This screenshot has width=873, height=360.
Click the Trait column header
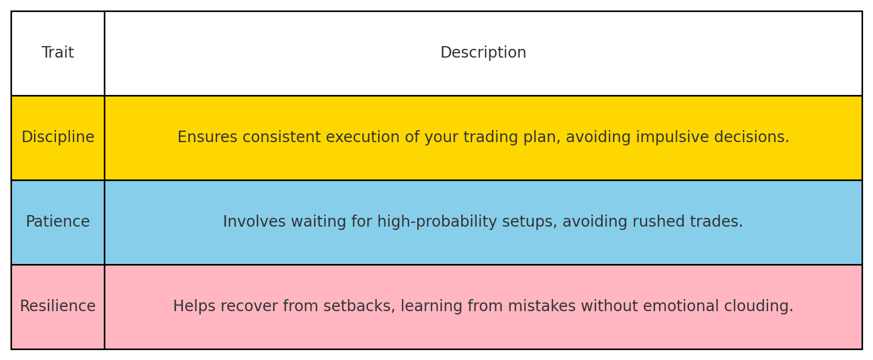(58, 53)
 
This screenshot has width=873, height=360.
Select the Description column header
(483, 53)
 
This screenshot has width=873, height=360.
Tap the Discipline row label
(58, 138)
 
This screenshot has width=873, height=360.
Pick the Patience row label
(58, 222)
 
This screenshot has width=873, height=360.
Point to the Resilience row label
(58, 307)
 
